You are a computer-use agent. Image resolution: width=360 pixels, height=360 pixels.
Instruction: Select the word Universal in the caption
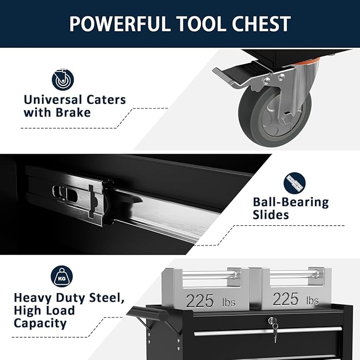(x=52, y=99)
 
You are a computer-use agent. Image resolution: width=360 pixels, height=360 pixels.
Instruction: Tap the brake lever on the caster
(x=233, y=76)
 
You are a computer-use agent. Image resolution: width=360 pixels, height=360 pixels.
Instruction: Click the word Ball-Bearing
(x=291, y=202)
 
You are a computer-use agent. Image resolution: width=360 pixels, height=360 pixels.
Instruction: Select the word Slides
(x=271, y=215)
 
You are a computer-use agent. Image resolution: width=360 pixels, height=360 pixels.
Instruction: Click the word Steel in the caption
(x=106, y=298)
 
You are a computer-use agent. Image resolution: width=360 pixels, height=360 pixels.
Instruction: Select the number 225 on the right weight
(x=286, y=299)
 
